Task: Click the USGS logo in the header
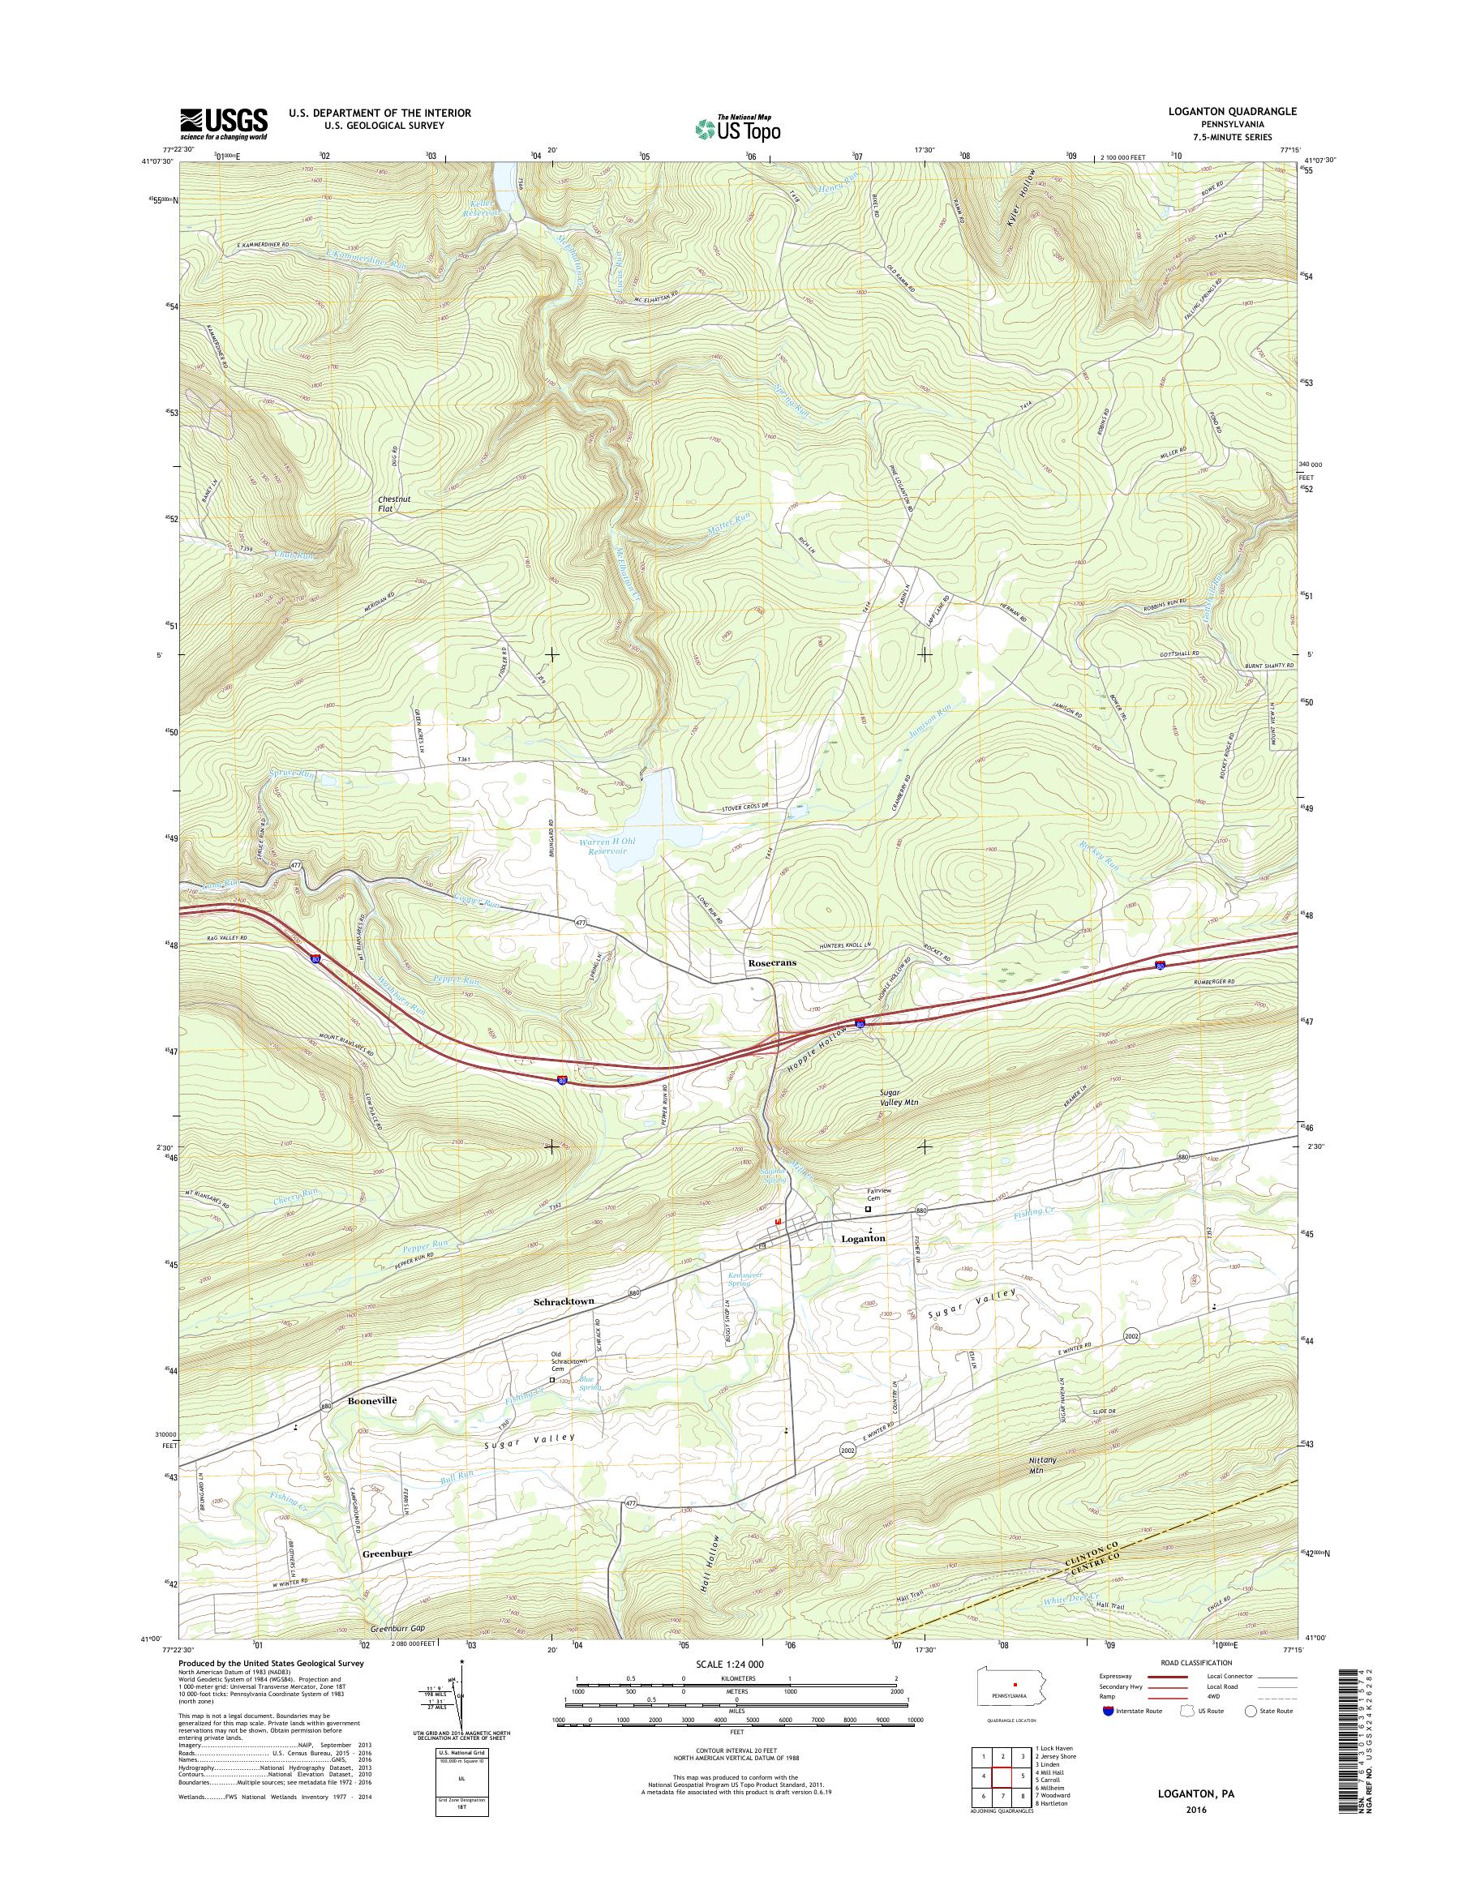[x=223, y=123]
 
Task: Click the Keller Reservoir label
[x=485, y=209]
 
